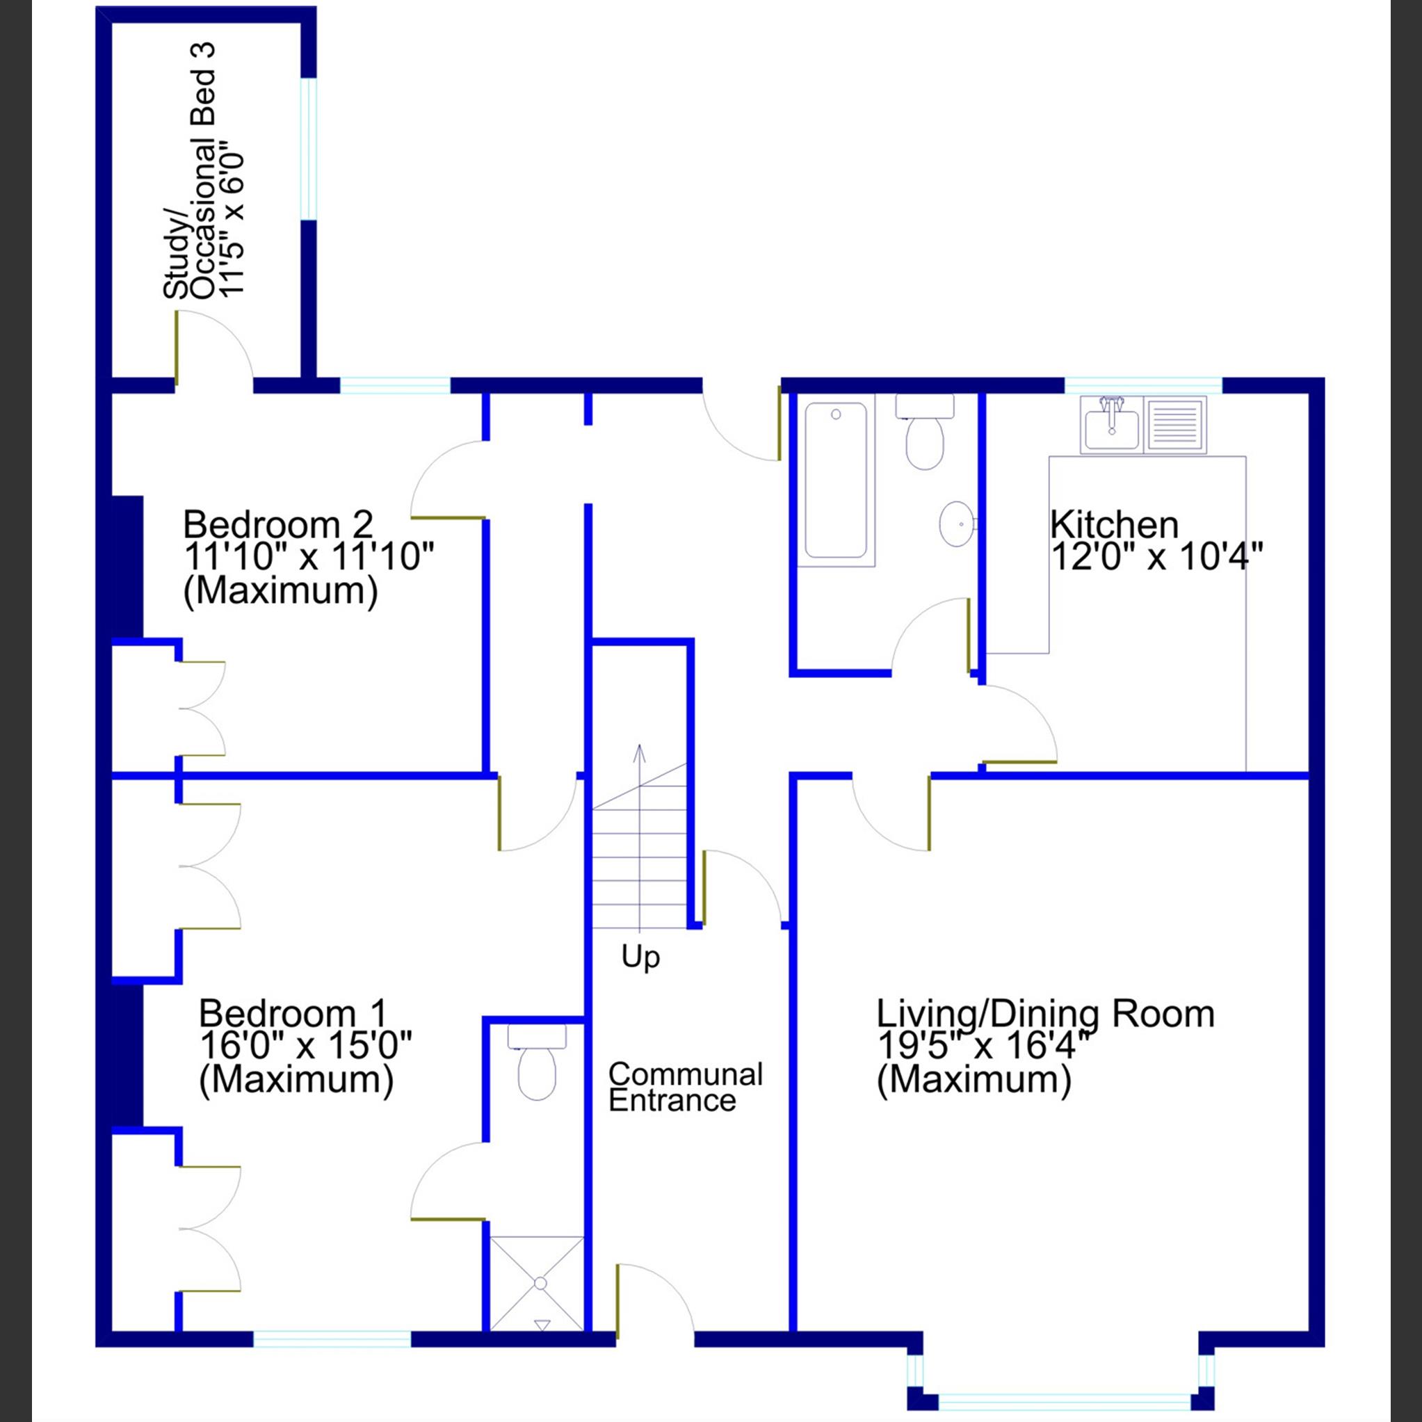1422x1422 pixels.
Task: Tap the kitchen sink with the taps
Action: coord(1111,425)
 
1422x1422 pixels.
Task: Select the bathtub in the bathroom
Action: coord(835,479)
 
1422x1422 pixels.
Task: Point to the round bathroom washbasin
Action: coord(957,524)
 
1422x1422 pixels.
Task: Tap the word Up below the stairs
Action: coord(640,958)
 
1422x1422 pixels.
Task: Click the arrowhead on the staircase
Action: coord(639,752)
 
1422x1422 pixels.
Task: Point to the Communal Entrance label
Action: coord(684,1087)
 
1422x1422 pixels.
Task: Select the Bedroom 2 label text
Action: coord(278,525)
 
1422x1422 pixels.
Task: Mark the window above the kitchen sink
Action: coord(1143,385)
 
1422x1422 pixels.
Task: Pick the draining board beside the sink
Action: coord(1175,425)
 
